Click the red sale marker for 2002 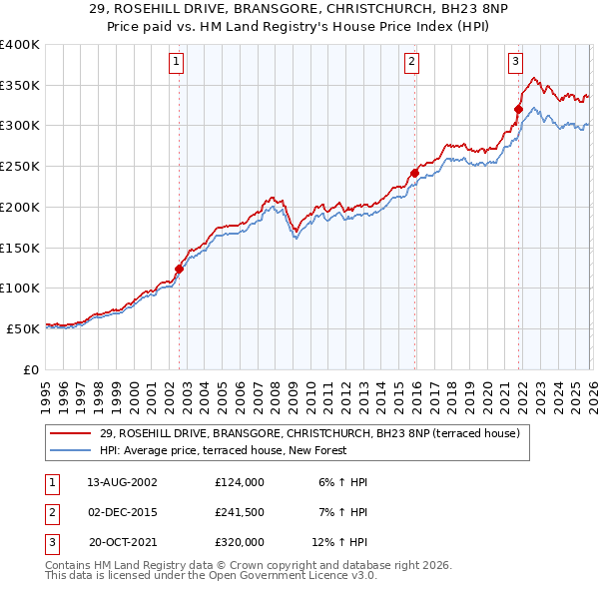(x=180, y=269)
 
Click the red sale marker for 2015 (x=414, y=172)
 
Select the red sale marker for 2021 (x=519, y=109)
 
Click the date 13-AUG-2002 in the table (x=122, y=482)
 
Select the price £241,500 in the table (x=239, y=512)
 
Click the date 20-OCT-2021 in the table (x=122, y=542)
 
